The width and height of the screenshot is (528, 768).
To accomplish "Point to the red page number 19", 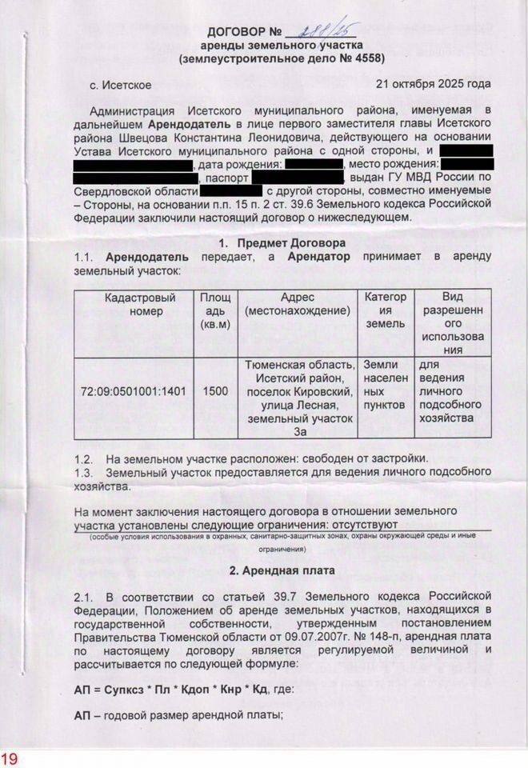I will [9, 758].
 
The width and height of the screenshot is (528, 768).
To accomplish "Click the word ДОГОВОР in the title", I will [238, 33].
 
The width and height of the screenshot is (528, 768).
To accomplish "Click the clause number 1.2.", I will [83, 458].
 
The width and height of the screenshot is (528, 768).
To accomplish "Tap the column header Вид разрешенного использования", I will [454, 323].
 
